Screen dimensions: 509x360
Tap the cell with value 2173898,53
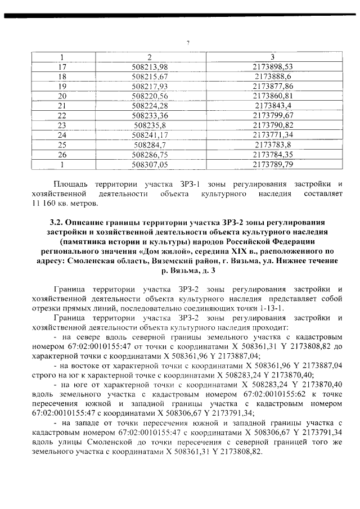(x=273, y=66)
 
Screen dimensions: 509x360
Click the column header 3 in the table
(x=273, y=57)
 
